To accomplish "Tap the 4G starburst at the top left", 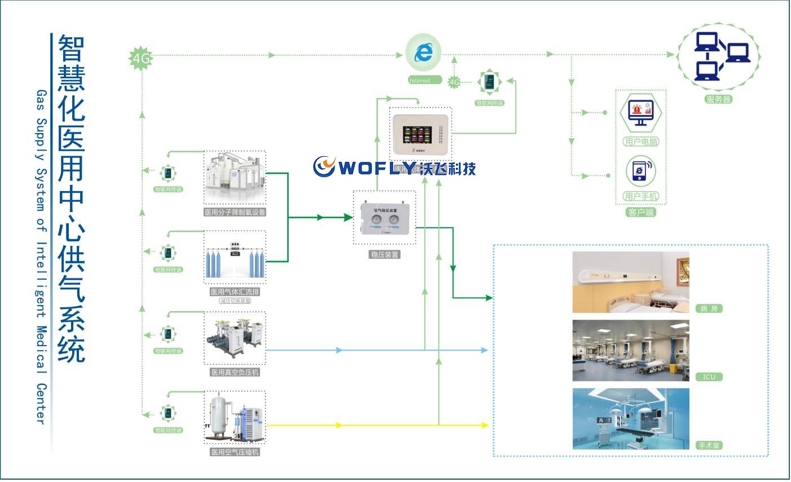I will click(x=141, y=58).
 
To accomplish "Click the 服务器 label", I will click(x=718, y=99).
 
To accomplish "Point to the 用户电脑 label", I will click(x=641, y=142).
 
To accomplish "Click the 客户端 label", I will click(x=641, y=213).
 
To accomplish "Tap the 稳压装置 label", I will click(x=384, y=255).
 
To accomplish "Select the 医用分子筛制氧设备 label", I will click(x=235, y=213).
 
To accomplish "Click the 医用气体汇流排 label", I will click(x=235, y=292).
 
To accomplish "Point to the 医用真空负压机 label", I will click(x=235, y=373).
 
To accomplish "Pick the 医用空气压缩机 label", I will click(x=235, y=452).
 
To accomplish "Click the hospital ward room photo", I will click(x=630, y=282).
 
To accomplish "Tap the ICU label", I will click(x=709, y=377).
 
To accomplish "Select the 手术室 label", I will click(x=709, y=445).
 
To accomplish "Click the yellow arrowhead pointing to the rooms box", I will click(x=485, y=425).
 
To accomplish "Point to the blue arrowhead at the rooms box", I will click(x=484, y=350).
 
